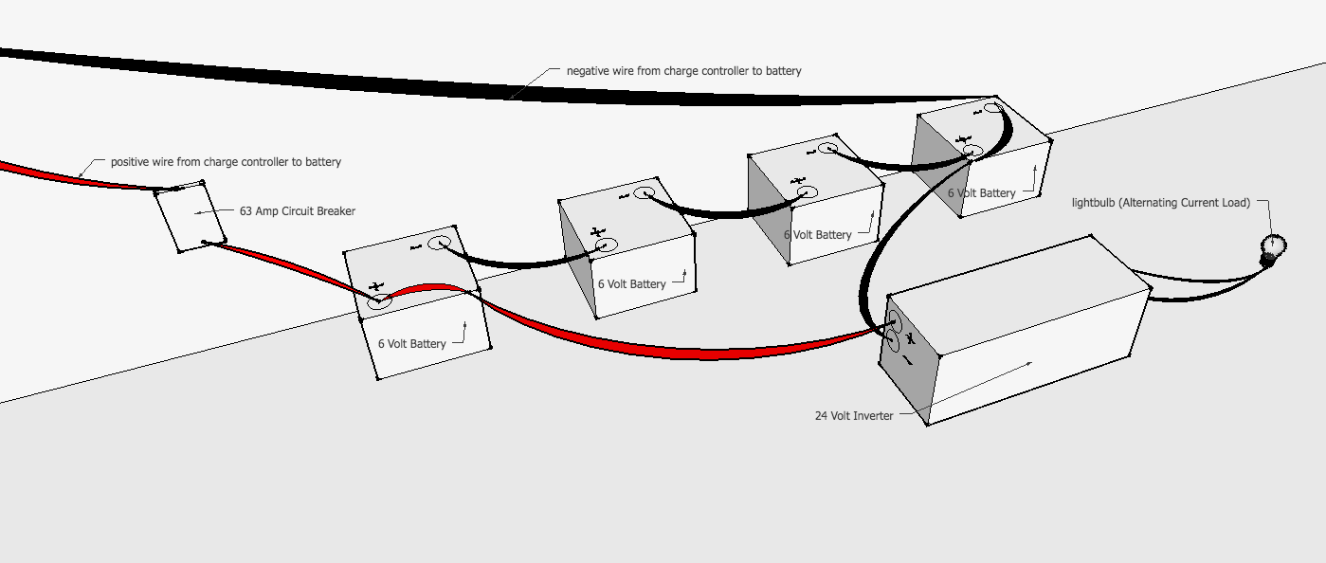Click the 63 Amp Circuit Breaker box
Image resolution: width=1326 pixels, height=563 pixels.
coord(190,217)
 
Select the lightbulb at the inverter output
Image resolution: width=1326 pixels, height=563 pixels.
coord(1272,247)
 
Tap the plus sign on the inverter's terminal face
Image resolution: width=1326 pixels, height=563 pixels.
coord(909,338)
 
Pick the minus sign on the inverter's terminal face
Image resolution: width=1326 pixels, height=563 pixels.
coord(907,361)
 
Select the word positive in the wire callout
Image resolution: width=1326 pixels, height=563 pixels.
coord(130,162)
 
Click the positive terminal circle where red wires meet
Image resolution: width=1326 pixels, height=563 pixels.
coord(379,301)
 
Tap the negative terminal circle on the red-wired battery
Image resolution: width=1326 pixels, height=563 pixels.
coord(439,244)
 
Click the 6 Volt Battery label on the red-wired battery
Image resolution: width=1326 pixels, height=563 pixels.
coord(411,344)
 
